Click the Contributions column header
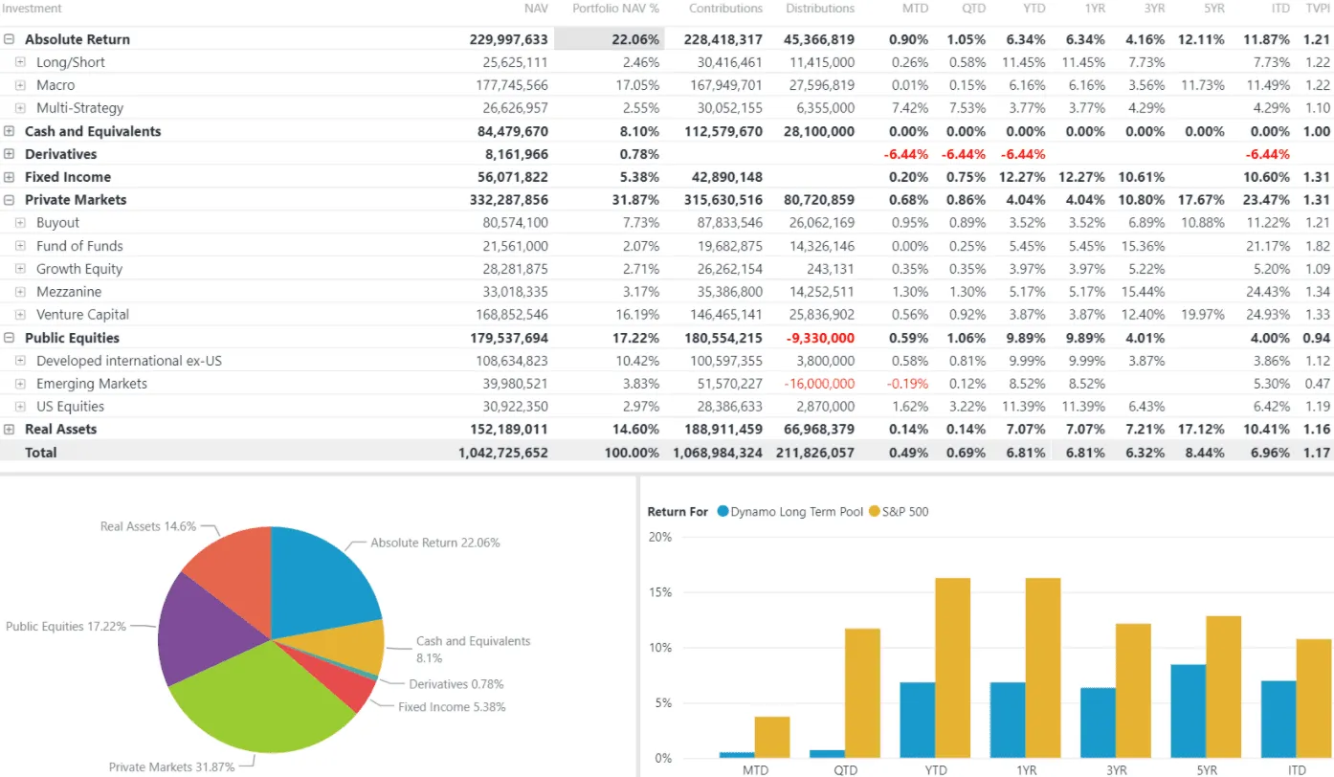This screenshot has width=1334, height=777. tap(725, 9)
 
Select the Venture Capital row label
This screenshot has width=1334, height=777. tap(82, 315)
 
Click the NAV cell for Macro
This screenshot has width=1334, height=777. tap(515, 85)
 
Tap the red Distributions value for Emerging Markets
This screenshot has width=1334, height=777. tap(818, 384)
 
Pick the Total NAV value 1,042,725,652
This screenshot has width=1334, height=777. tap(503, 453)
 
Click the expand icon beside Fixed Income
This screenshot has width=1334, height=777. tap(10, 177)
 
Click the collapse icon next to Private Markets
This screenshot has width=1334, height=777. tap(10, 200)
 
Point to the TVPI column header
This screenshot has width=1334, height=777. tap(1318, 9)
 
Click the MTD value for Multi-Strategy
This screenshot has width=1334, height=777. tap(909, 108)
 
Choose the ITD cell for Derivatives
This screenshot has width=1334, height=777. tap(1267, 154)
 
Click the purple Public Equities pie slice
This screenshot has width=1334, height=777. tap(196, 627)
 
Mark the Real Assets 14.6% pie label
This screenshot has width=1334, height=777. tap(147, 526)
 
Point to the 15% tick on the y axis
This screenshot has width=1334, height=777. tap(660, 592)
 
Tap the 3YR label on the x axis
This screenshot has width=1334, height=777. tap(1115, 769)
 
